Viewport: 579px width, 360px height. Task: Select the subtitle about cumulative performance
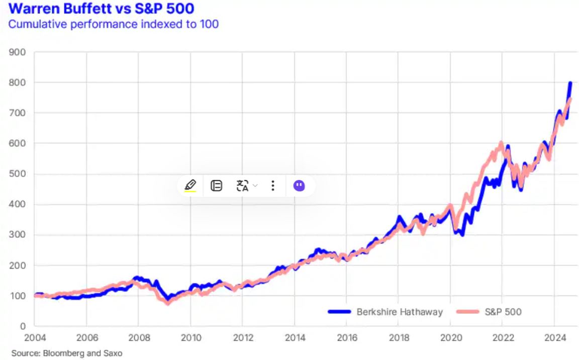tap(113, 24)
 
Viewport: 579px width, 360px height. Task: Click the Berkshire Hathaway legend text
tap(400, 312)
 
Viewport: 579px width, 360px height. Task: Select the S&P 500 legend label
tap(503, 312)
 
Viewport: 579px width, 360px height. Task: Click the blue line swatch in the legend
tap(339, 312)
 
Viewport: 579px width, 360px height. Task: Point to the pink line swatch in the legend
tap(467, 312)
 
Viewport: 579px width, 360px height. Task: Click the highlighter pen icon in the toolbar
tap(190, 186)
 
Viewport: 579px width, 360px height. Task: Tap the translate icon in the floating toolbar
tap(243, 186)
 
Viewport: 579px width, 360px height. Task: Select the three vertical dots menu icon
tap(272, 186)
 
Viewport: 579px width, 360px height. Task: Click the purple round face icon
tap(299, 186)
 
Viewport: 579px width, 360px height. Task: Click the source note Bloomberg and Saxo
tap(67, 353)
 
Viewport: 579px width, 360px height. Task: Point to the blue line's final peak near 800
tap(570, 83)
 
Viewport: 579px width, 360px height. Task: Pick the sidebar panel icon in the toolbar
tap(216, 186)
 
